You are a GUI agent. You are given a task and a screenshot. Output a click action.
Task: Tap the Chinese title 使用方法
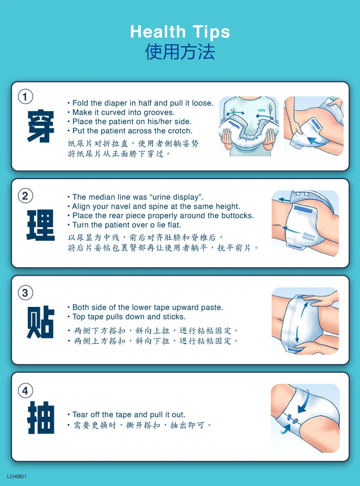pos(180,51)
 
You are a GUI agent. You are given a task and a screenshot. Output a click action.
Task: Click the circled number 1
pos(25,96)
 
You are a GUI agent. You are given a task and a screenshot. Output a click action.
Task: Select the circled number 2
pos(25,196)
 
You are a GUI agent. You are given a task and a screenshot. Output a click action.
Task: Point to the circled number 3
pos(25,293)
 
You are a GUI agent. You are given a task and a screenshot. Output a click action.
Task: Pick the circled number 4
pos(25,391)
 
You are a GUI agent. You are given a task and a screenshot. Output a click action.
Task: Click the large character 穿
pos(40,126)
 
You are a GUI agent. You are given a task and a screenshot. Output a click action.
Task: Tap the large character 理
pos(40,225)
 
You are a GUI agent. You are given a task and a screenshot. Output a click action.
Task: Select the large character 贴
pos(40,322)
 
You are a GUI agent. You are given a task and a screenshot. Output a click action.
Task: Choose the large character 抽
pos(40,418)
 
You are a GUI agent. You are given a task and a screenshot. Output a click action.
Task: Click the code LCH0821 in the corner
pos(17,477)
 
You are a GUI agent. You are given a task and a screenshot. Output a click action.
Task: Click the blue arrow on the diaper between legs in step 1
pos(315,140)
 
